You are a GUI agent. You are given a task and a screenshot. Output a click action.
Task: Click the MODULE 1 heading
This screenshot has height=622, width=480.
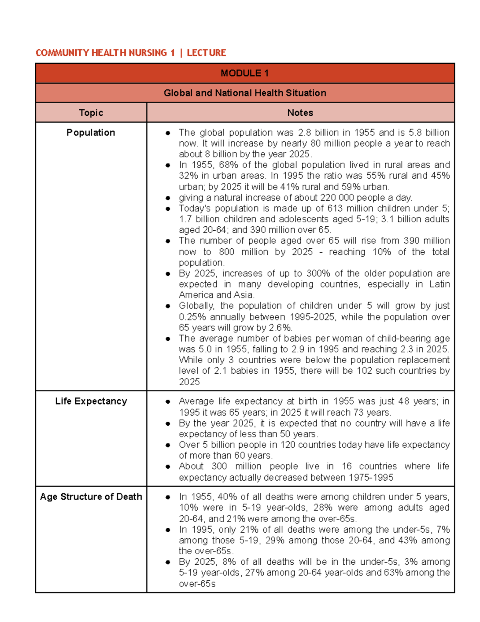click(244, 73)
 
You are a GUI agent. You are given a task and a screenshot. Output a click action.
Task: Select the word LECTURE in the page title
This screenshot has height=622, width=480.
click(206, 53)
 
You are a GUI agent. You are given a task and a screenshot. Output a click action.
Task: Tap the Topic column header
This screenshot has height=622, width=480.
click(91, 113)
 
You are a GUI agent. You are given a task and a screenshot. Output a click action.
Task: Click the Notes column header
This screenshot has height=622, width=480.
click(300, 113)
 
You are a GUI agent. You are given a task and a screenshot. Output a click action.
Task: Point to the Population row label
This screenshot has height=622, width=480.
click(91, 133)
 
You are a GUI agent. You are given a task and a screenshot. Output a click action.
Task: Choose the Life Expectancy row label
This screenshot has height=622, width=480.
click(91, 401)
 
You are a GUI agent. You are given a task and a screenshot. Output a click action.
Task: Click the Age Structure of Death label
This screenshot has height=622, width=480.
click(91, 497)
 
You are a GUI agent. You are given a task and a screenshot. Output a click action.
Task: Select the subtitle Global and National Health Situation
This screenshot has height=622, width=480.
click(244, 93)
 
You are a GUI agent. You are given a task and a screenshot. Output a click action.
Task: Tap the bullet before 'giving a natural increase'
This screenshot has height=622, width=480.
click(168, 198)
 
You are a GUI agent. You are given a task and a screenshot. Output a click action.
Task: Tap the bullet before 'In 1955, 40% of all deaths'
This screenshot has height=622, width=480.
click(168, 497)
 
